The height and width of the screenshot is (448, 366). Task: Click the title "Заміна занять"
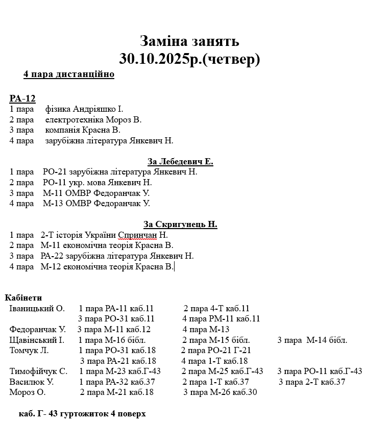(189, 41)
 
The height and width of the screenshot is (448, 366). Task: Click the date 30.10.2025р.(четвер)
(189, 59)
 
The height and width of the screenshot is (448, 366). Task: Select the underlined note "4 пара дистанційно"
(68, 74)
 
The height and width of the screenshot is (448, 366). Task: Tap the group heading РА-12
(22, 98)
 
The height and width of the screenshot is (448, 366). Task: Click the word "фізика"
(58, 109)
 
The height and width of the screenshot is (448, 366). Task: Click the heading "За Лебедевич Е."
(180, 162)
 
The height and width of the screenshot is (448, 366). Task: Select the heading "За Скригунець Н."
(180, 224)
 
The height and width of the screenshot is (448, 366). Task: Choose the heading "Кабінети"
(23, 298)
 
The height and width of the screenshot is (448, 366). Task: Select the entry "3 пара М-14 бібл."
(312, 340)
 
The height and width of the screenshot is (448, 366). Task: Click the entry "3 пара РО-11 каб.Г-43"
(320, 371)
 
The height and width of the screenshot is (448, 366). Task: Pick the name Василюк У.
(32, 382)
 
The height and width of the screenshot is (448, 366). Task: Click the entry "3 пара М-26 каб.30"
(220, 392)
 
